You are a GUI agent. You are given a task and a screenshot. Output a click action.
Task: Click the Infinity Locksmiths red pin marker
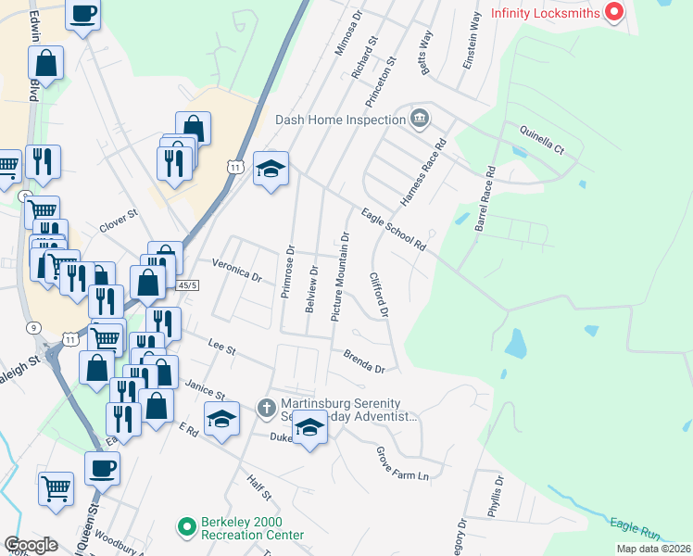(613, 12)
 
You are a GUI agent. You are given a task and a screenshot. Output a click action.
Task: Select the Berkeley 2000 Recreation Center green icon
(186, 526)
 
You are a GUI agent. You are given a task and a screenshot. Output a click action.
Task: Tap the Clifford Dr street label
(379, 295)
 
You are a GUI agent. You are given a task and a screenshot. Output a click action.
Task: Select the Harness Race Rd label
(423, 171)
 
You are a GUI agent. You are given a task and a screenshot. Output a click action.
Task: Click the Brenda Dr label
(364, 361)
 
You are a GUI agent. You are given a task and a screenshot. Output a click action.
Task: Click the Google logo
(31, 545)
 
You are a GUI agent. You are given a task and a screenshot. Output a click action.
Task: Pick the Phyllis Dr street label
(498, 499)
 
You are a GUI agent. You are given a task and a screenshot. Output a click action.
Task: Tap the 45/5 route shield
(187, 284)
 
